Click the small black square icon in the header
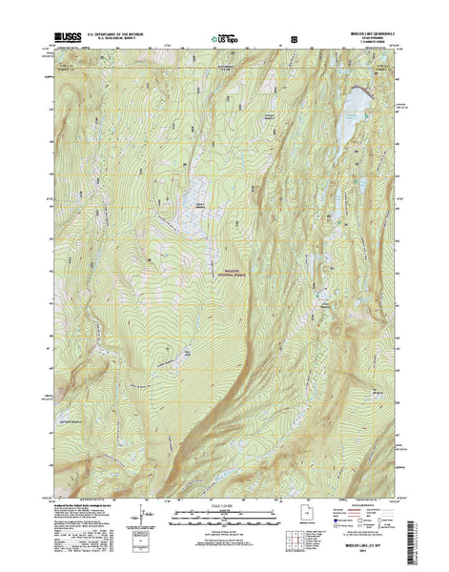click(294, 39)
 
